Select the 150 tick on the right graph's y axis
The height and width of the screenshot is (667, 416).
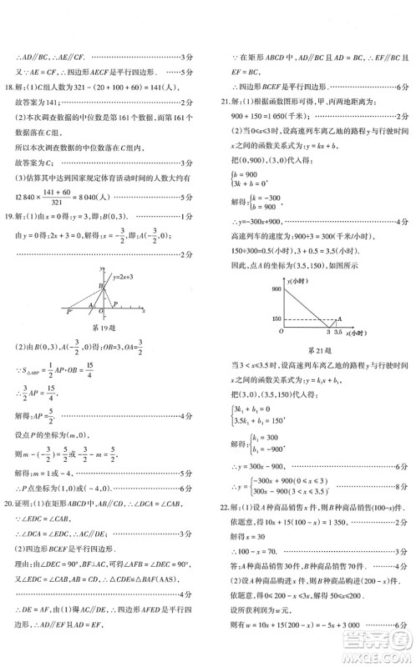275,318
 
